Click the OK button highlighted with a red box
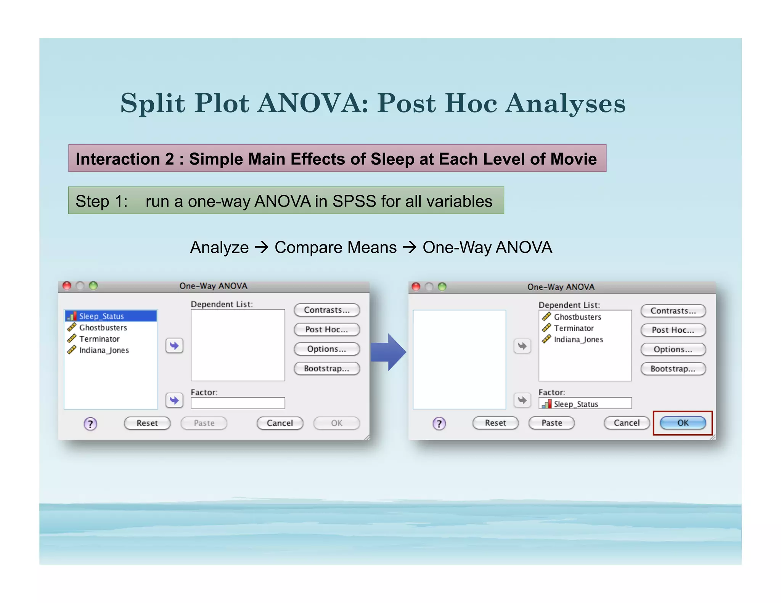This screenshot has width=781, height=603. (x=683, y=423)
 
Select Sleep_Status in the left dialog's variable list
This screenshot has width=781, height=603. (x=101, y=316)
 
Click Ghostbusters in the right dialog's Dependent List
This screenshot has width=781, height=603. (x=577, y=317)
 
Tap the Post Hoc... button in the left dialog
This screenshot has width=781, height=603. (x=326, y=330)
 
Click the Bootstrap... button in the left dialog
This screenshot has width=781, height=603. (x=326, y=369)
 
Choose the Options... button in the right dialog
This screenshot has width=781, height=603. (x=673, y=350)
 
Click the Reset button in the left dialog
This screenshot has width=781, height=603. (x=147, y=423)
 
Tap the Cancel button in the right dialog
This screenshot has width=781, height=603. (x=627, y=423)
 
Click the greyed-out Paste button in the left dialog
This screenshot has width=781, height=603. (x=204, y=423)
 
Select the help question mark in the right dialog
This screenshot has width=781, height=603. (x=439, y=423)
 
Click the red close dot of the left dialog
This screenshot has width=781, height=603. (x=67, y=286)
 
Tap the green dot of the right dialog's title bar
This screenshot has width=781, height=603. (x=442, y=287)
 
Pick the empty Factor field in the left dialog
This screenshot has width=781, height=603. (x=238, y=403)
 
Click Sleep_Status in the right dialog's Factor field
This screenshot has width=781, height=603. (x=576, y=404)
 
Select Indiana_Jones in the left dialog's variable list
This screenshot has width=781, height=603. (x=104, y=350)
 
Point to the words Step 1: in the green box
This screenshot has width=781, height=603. (x=101, y=201)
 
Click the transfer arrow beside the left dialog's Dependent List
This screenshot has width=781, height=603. (x=174, y=346)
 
